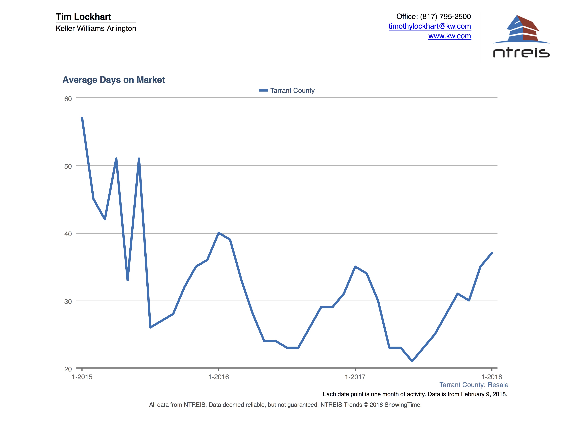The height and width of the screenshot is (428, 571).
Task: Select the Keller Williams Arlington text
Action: coord(96,28)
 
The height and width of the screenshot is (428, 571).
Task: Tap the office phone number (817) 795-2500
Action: coord(445,16)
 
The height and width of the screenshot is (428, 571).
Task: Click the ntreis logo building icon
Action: coord(521,29)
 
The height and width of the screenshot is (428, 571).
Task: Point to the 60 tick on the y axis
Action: coord(68,99)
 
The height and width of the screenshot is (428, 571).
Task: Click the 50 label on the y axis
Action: coord(68,166)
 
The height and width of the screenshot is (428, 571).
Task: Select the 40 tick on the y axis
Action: coord(68,234)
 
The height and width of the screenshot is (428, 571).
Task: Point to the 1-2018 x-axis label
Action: coord(491,377)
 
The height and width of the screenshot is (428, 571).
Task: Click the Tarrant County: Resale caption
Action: coord(474,385)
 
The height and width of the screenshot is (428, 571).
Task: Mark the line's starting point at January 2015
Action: coord(82,118)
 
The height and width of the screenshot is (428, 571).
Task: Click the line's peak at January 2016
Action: coord(219,233)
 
